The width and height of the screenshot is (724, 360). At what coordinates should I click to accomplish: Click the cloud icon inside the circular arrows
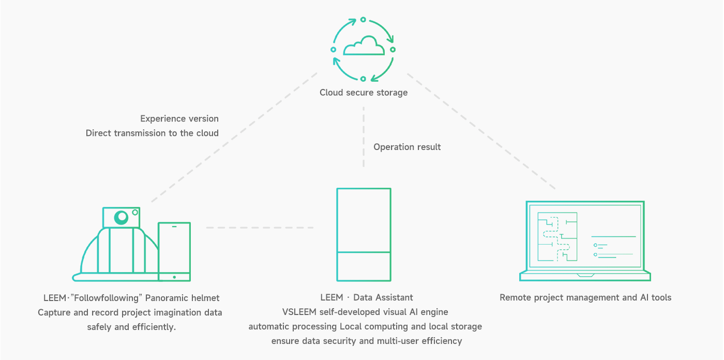pos(364,46)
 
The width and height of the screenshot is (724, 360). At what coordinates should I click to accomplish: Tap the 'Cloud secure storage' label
pos(364,93)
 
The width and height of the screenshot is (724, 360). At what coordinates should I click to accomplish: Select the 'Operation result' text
pos(407,147)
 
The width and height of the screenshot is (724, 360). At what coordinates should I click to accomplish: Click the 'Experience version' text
pos(179,119)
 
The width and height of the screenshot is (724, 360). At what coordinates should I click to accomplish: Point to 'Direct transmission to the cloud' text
pos(152,133)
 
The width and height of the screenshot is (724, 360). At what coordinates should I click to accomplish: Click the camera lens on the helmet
pos(122,217)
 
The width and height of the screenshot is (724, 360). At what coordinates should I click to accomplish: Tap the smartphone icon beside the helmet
pos(174,252)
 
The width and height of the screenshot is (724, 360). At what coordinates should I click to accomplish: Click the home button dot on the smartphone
pos(174,277)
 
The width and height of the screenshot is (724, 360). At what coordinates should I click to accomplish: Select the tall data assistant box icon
pos(364,234)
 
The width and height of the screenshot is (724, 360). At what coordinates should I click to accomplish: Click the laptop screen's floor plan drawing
pos(557,237)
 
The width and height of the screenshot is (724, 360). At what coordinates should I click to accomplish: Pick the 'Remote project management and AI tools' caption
pos(585,297)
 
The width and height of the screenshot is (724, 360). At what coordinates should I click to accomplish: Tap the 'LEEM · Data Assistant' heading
pos(366,297)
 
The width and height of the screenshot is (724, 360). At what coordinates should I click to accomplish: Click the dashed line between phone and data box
pos(260,228)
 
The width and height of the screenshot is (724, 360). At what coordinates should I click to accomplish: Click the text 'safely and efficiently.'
pos(132,327)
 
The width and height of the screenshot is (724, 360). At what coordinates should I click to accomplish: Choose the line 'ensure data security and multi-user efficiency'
pos(366,341)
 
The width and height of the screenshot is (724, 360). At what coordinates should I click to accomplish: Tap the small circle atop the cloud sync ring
pos(363,20)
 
